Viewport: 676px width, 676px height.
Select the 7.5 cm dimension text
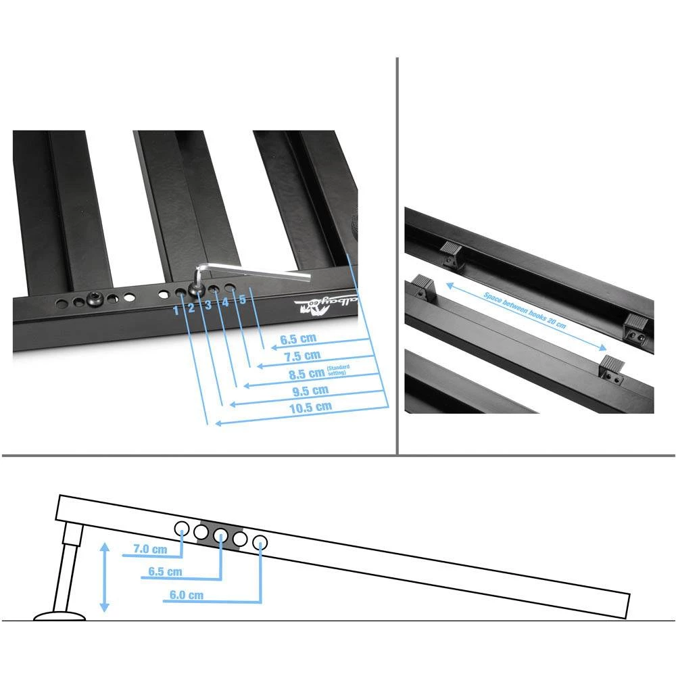[301, 356]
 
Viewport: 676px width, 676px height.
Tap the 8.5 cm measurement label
[306, 373]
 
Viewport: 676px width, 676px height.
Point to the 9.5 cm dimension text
[310, 390]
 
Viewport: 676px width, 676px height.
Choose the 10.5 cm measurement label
[311, 407]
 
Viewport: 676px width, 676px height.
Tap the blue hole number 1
[176, 310]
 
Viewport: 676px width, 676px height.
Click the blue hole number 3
[208, 305]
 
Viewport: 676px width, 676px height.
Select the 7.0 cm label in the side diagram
[149, 550]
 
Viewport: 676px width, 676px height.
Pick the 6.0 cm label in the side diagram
[187, 596]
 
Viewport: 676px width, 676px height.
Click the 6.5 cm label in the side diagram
[165, 572]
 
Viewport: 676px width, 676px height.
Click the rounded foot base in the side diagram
[60, 616]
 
